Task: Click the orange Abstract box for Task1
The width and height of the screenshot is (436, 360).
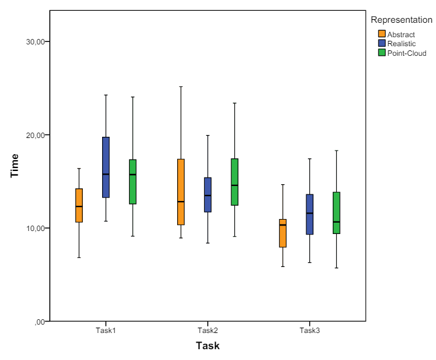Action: [79, 205]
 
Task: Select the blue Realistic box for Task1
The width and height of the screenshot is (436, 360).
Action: [106, 167]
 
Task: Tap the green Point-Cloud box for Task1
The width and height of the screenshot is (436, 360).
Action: [133, 182]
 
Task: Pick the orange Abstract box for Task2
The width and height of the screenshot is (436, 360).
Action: [181, 192]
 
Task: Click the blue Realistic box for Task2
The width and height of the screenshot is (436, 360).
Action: [208, 194]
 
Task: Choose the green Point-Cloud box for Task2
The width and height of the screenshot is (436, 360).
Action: [235, 182]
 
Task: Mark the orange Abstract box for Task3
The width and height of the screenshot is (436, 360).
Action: [283, 233]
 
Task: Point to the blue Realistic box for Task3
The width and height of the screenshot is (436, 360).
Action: [309, 214]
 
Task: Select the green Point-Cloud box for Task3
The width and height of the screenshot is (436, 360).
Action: [336, 213]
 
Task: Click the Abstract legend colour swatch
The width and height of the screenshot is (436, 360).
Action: [381, 34]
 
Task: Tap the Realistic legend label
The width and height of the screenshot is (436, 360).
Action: [401, 44]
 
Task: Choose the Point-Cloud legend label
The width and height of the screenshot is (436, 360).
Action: [407, 53]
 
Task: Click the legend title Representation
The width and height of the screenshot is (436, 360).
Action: [401, 20]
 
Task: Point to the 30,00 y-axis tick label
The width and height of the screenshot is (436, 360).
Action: [35, 42]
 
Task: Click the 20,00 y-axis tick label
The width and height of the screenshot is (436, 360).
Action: [35, 135]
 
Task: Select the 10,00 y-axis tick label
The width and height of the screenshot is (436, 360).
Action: [35, 228]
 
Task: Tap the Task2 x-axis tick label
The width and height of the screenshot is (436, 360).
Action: [208, 331]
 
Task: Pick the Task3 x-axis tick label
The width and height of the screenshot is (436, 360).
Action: [310, 331]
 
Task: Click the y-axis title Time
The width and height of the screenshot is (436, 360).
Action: [15, 166]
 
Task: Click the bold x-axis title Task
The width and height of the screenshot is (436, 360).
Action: [208, 346]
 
